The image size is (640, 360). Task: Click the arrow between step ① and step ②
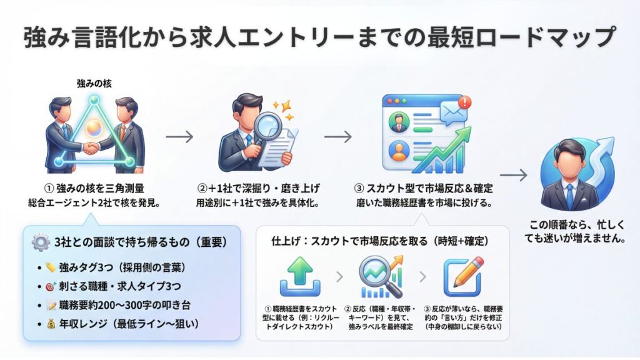pyautogui.click(x=180, y=136)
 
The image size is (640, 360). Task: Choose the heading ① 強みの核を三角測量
pyautogui.click(x=94, y=189)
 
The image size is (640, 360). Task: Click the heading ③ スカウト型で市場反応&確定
pyautogui.click(x=423, y=189)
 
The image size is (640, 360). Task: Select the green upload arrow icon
pyautogui.click(x=300, y=277)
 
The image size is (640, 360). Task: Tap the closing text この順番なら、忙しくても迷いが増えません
pyautogui.click(x=568, y=232)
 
